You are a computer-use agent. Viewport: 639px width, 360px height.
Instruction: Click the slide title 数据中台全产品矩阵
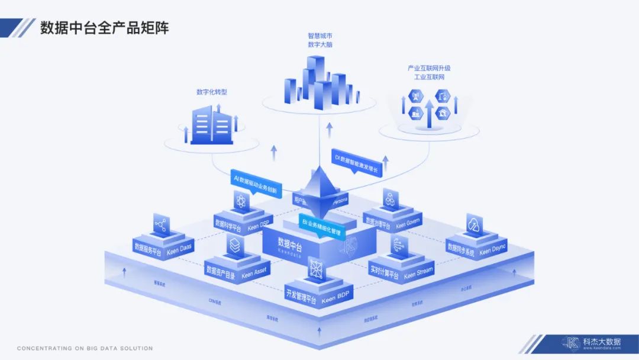[104, 28]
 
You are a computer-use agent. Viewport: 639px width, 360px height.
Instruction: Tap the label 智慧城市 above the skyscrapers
[319, 36]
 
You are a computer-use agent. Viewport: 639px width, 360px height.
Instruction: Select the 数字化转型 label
[212, 92]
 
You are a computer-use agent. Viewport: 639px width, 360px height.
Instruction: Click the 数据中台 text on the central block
[290, 243]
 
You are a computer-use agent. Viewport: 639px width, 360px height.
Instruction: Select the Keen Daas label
[180, 249]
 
